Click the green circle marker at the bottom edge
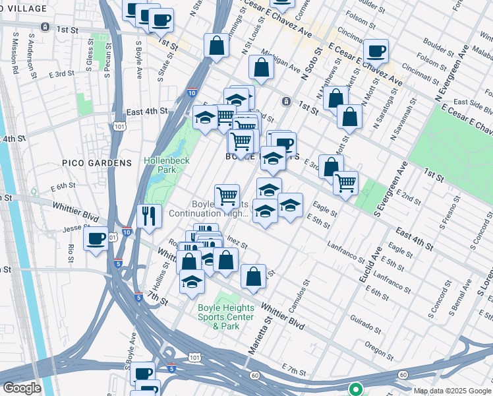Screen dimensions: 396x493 pyautogui.click(x=355, y=389)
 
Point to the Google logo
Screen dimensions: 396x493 pyautogui.click(x=22, y=388)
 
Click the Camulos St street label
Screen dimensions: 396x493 pyautogui.click(x=304, y=293)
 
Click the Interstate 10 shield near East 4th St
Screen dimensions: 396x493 pyautogui.click(x=192, y=94)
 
